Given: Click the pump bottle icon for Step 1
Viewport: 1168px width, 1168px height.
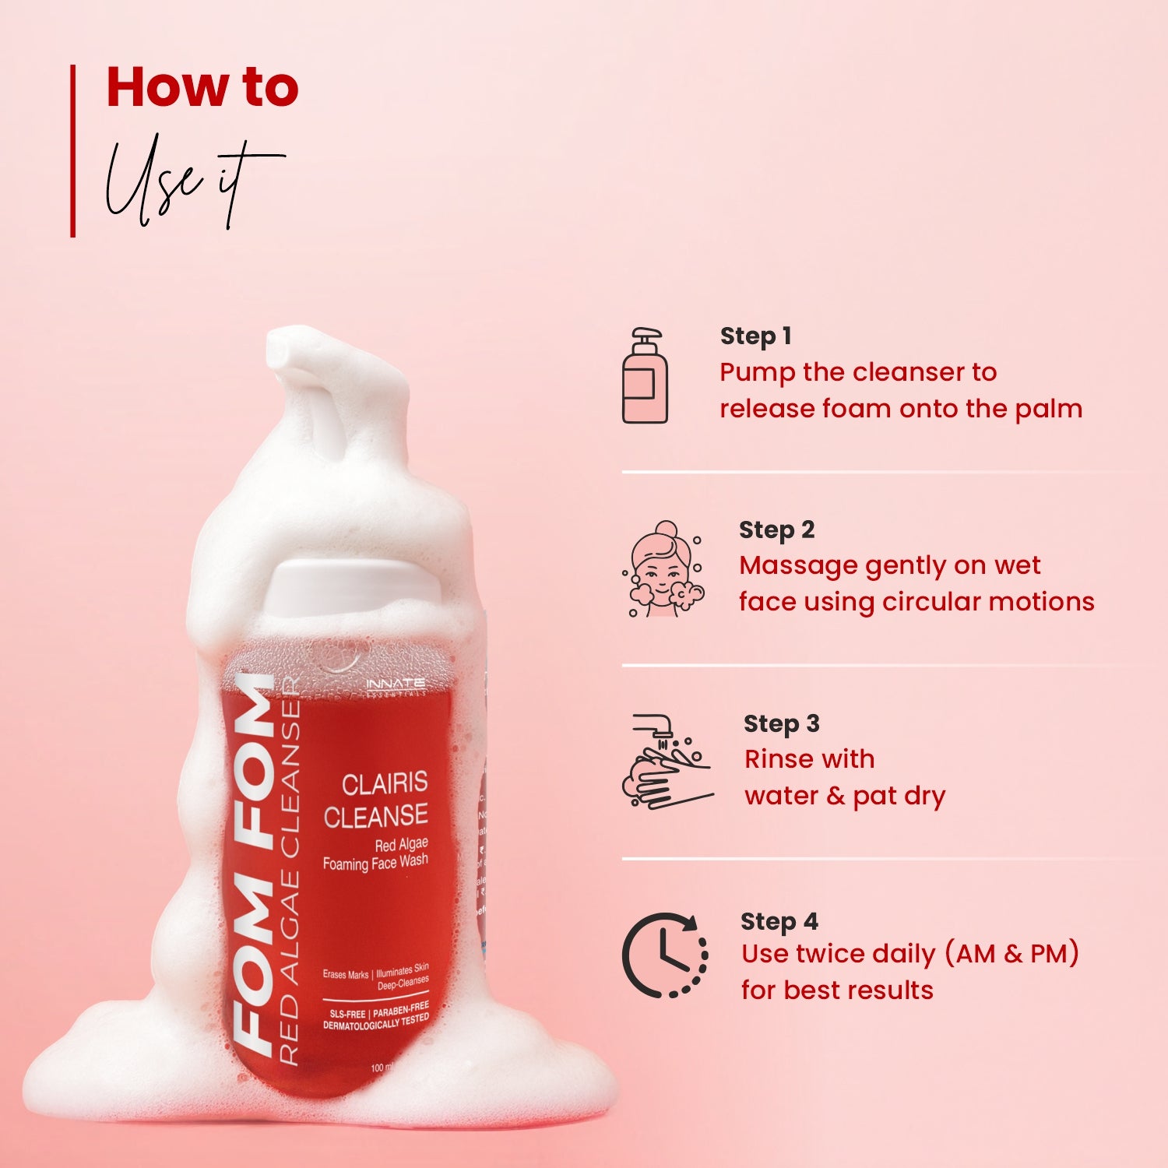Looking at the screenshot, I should (645, 376).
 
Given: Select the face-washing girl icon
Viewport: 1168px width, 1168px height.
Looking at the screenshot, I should (664, 569).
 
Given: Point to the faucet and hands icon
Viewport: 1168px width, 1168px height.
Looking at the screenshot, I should (667, 761).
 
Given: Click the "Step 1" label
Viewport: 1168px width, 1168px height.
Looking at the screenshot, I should (755, 336).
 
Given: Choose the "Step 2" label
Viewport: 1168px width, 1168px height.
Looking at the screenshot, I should (776, 530).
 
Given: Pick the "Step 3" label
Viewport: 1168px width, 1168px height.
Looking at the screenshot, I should (781, 724).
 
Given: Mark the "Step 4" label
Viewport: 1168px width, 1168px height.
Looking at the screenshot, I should (779, 922).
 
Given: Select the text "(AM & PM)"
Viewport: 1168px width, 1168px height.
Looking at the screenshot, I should (1011, 954).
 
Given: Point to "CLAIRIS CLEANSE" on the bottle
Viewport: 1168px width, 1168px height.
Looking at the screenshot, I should (376, 799).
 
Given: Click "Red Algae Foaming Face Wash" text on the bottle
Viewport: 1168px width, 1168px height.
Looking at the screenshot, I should (376, 854).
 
